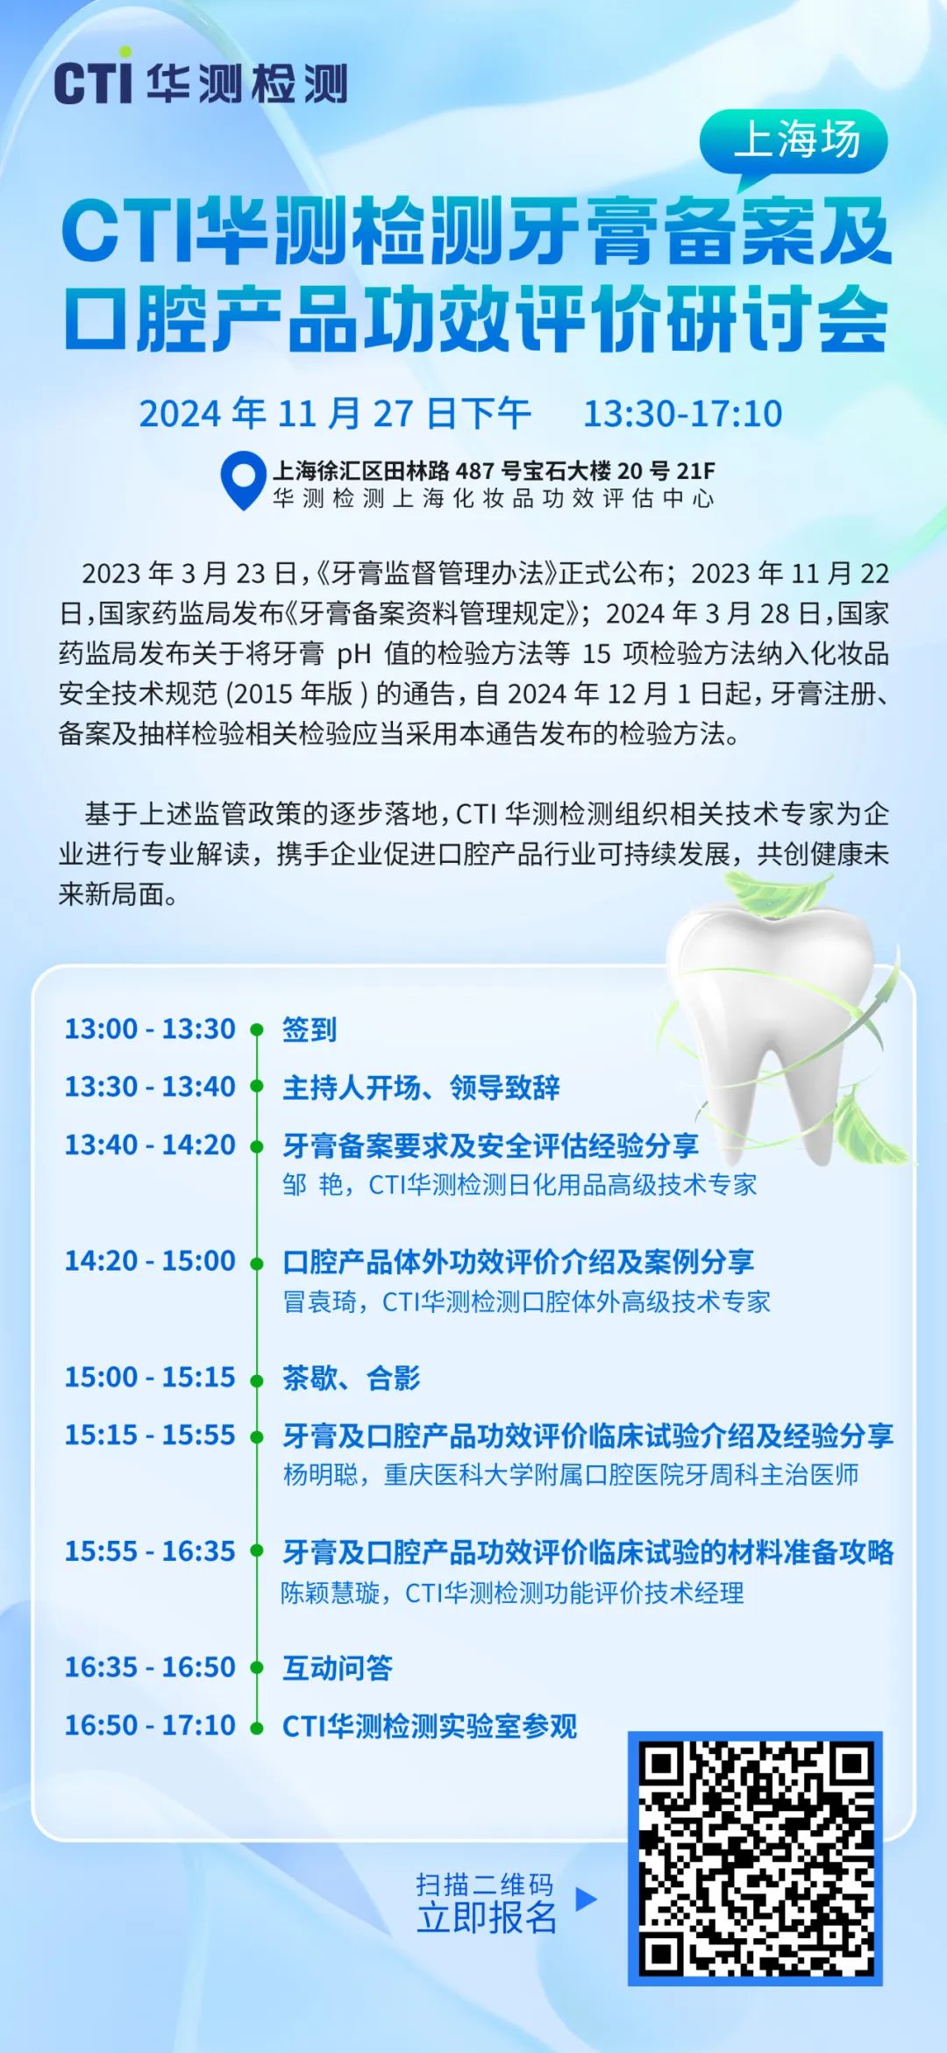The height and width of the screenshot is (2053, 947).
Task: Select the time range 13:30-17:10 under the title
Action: [683, 414]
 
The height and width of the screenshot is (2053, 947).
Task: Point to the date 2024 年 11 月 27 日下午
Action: [335, 414]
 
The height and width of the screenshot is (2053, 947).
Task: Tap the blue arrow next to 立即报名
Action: [586, 1900]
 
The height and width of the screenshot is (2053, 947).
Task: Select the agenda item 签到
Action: [310, 1029]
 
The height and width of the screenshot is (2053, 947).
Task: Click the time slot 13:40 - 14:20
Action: [150, 1145]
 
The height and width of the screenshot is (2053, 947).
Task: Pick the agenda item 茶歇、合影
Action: [351, 1378]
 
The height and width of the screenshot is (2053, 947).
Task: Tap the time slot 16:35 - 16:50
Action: [150, 1667]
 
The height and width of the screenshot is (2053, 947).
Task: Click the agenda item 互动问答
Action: [338, 1668]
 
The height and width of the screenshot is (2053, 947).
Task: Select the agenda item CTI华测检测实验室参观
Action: [430, 1726]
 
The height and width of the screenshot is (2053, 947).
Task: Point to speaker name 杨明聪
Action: [321, 1475]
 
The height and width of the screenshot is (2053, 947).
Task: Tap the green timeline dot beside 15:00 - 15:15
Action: [257, 1380]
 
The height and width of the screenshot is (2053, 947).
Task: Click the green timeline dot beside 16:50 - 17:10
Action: [257, 1728]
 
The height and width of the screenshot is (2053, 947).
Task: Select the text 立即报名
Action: [487, 1918]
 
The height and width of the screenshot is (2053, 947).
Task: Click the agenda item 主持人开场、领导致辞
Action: [421, 1087]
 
